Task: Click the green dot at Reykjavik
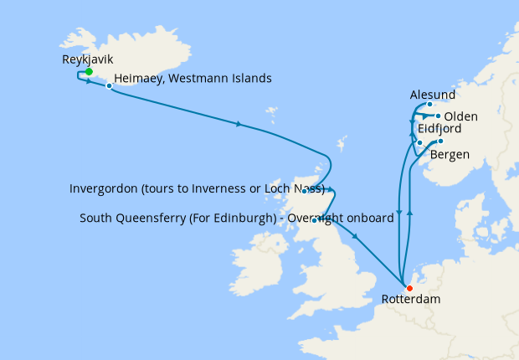(x=89, y=72)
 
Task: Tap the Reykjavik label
(x=88, y=59)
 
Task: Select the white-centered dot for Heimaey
(x=110, y=85)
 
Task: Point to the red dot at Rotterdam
(x=409, y=289)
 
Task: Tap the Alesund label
(x=434, y=95)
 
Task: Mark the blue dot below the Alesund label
(x=430, y=105)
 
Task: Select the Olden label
(x=461, y=116)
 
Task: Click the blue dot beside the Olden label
(x=439, y=116)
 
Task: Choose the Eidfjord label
(x=434, y=129)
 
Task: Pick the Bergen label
(x=450, y=155)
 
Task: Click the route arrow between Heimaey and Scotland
(x=239, y=125)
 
